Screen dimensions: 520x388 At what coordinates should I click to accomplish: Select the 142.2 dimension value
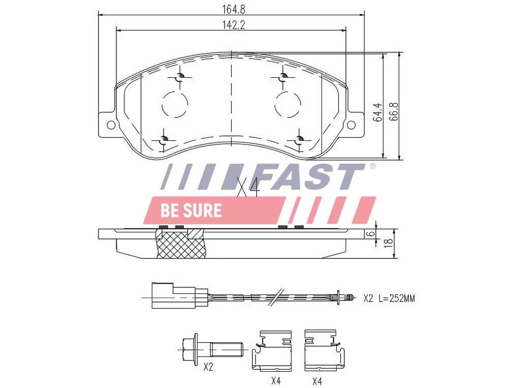coord(234,25)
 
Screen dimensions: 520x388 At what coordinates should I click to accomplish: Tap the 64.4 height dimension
coord(377,112)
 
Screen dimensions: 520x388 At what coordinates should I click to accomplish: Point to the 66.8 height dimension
coord(393,111)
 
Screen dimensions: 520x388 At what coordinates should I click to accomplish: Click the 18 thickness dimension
coord(390,242)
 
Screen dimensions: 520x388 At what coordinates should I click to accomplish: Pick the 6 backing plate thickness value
coord(372,233)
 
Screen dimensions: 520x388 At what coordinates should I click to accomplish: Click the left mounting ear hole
coord(111,125)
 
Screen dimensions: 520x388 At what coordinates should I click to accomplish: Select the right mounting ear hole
coord(351,125)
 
